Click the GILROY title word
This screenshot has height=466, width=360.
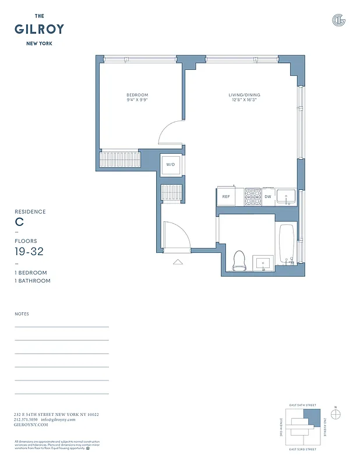pyautogui.click(x=39, y=29)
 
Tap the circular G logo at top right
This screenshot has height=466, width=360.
pyautogui.click(x=338, y=20)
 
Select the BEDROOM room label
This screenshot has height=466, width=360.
pyautogui.click(x=137, y=95)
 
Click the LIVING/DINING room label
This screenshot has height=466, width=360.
pyautogui.click(x=244, y=95)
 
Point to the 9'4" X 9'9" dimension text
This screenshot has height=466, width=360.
pyautogui.click(x=137, y=100)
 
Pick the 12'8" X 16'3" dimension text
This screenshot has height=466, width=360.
pyautogui.click(x=244, y=100)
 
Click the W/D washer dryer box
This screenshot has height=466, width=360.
pyautogui.click(x=171, y=165)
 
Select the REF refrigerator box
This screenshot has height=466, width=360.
pyautogui.click(x=226, y=197)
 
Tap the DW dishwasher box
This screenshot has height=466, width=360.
pyautogui.click(x=268, y=197)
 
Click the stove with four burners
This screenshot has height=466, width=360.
pyautogui.click(x=252, y=196)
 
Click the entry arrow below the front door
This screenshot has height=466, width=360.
pyautogui.click(x=178, y=262)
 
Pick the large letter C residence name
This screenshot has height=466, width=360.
pyautogui.click(x=19, y=222)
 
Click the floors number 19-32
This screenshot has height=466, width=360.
pyautogui.click(x=29, y=252)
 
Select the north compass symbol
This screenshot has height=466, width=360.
pyautogui.click(x=336, y=414)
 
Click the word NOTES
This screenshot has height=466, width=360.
pyautogui.click(x=22, y=314)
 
